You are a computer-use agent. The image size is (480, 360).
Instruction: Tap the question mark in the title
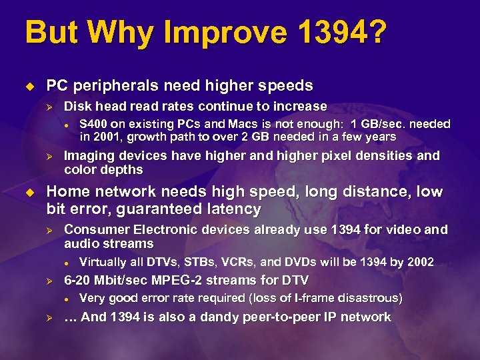(375, 32)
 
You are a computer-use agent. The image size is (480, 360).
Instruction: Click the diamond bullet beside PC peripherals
(29, 86)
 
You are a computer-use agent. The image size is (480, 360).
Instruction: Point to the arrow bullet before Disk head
(47, 107)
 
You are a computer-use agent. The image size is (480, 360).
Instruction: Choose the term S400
(95, 124)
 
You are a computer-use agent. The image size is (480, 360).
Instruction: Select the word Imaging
(89, 156)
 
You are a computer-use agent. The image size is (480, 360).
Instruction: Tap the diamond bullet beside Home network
(29, 192)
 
